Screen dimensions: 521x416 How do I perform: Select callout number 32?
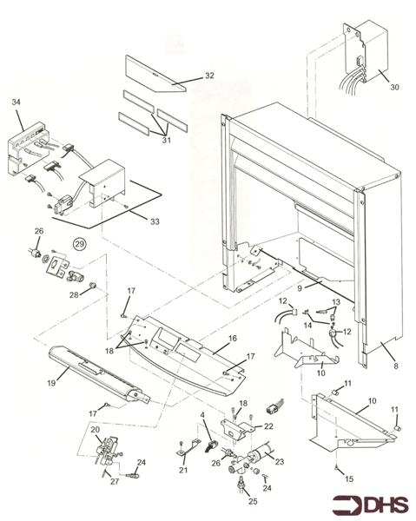point(208,76)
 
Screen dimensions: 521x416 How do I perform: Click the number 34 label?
point(15,102)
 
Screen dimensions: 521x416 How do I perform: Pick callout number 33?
point(155,221)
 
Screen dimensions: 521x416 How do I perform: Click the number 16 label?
point(232,337)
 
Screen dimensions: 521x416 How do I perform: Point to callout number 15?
point(349,478)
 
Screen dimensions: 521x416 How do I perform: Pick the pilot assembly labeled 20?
point(108,451)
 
